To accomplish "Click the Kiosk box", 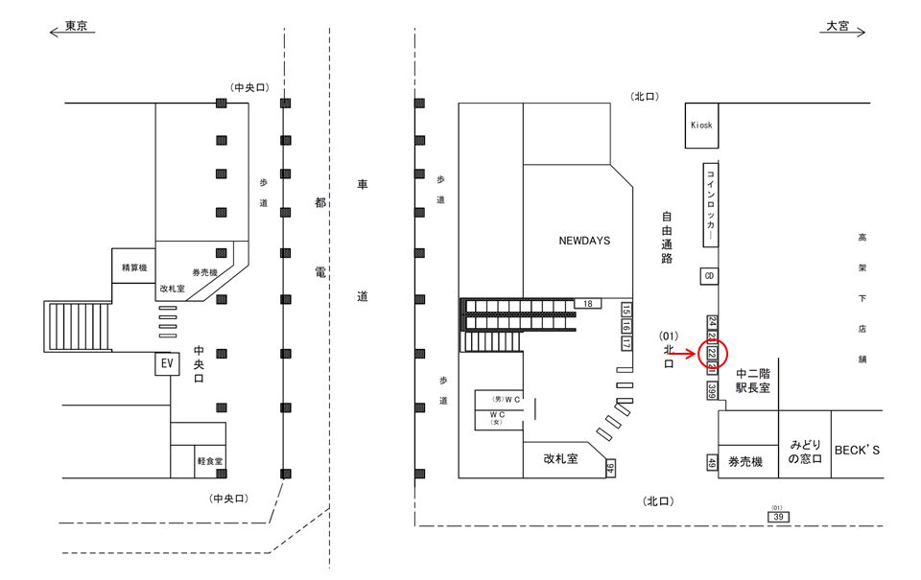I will [701, 126].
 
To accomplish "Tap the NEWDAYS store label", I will [584, 241].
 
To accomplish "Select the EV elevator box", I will [166, 364].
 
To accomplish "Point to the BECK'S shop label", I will [857, 450].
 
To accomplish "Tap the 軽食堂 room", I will [209, 461].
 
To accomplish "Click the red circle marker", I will [715, 354].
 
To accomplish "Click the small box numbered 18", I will [587, 304].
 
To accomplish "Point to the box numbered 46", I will [610, 468].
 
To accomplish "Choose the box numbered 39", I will [778, 517].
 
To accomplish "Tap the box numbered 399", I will [712, 391].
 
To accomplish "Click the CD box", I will [709, 276].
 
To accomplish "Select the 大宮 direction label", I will [838, 27].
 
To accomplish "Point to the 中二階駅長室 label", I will [754, 381].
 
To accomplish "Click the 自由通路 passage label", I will [667, 239].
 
